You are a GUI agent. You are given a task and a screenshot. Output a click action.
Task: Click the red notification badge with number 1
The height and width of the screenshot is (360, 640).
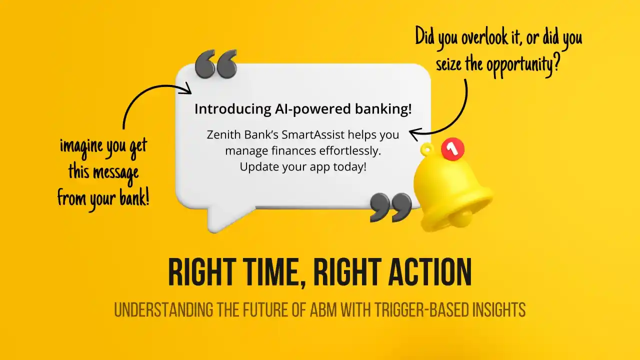coord(452,149)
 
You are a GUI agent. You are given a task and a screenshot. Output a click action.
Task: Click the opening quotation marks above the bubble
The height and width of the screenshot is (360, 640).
coord(216,64)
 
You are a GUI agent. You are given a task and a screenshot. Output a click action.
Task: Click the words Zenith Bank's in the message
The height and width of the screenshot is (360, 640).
coord(235,135)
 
